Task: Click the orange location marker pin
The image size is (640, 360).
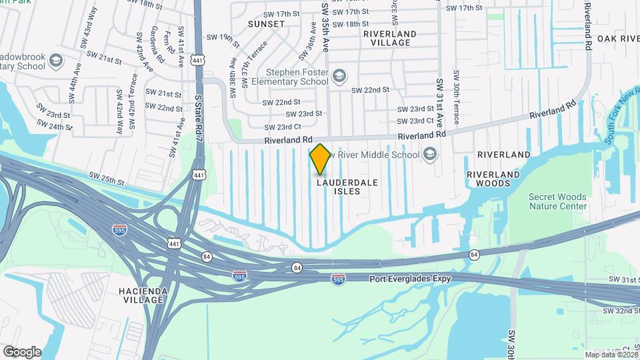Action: click(320, 159)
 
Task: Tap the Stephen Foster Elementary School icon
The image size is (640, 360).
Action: click(340, 75)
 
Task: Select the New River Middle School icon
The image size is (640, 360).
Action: click(430, 155)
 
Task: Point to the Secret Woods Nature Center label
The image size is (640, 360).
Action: click(557, 201)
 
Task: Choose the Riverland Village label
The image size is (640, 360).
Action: click(390, 38)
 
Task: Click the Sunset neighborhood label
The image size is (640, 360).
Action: click(266, 23)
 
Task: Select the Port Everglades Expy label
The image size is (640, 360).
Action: click(410, 278)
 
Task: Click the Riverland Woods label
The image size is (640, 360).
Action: click(493, 178)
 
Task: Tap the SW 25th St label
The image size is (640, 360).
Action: click(106, 179)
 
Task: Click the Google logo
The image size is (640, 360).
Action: click(22, 351)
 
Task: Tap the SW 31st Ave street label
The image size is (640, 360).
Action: click(440, 101)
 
